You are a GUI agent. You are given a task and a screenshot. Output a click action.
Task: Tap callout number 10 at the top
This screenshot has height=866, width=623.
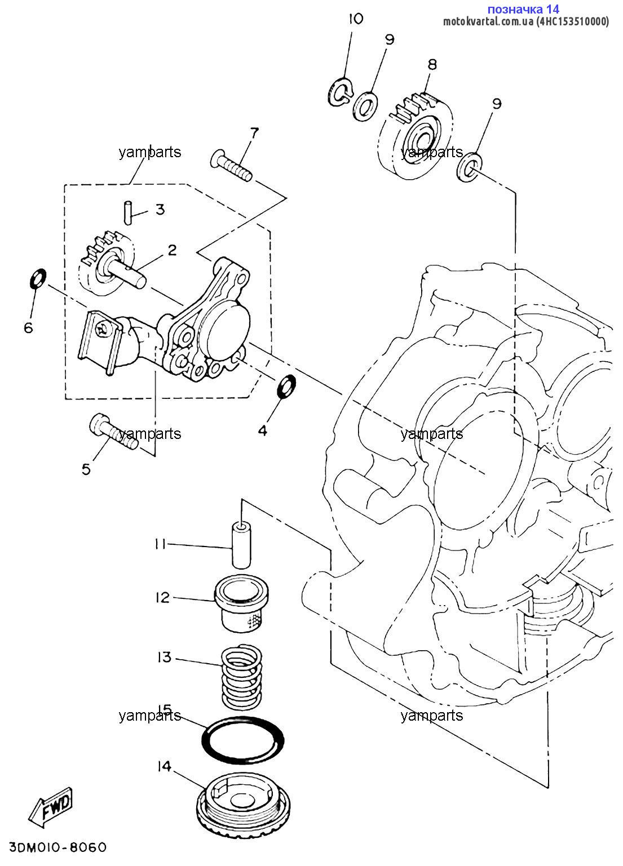355,19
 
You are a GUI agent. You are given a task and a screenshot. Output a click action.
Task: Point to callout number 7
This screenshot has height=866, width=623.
254,134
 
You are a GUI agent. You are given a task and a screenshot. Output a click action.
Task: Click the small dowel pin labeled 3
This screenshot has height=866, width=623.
127,212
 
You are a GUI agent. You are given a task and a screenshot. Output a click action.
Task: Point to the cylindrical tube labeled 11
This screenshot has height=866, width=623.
242,545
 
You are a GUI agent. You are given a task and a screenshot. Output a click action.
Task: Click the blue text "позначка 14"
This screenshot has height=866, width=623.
523,8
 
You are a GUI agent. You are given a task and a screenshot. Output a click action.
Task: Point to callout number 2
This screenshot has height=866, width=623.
172,250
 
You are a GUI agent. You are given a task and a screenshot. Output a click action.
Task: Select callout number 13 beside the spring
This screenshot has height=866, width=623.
164,656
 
